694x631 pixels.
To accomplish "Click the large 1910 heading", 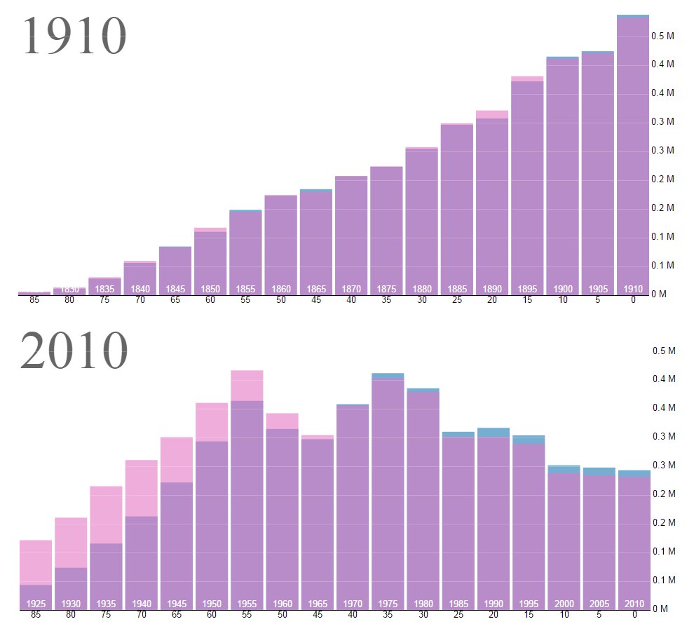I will [74, 36].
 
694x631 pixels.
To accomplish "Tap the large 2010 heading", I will [74, 351].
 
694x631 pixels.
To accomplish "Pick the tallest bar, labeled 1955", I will [247, 491].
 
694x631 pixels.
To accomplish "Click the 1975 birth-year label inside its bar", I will [387, 604].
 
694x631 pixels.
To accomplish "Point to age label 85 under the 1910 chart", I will [34, 301].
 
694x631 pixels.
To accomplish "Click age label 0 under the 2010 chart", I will [634, 615].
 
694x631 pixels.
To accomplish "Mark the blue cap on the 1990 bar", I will [493, 432].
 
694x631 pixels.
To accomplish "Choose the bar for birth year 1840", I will [140, 277].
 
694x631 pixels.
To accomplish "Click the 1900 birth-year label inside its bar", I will [563, 289].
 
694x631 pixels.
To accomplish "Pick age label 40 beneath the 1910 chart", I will [351, 301].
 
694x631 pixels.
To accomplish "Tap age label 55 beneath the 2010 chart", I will [246, 615].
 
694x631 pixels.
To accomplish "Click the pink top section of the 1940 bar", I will [141, 488].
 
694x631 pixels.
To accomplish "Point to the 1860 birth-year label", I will [281, 289].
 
